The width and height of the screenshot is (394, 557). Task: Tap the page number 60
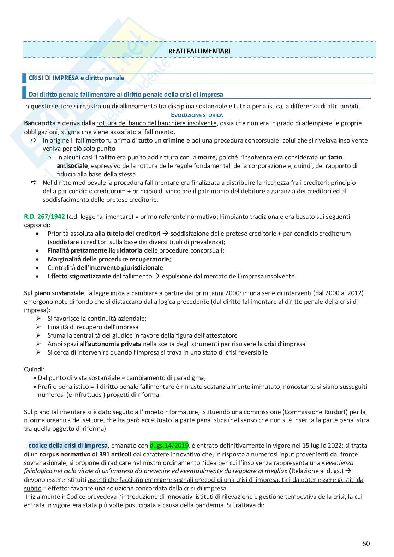(x=366, y=544)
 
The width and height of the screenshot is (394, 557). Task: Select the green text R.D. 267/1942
(x=44, y=216)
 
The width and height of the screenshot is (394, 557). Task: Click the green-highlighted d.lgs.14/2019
(x=169, y=446)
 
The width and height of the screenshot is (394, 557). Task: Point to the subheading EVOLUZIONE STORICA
(x=197, y=115)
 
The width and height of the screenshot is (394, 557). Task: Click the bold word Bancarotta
(x=40, y=123)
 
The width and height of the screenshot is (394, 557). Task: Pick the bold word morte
(x=207, y=157)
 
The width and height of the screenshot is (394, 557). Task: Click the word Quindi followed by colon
(x=34, y=369)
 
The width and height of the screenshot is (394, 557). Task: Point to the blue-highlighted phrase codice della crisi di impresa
(x=68, y=446)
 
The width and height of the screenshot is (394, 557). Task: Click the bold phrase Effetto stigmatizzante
(x=79, y=276)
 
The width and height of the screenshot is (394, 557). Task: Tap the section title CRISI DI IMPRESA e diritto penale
(x=76, y=78)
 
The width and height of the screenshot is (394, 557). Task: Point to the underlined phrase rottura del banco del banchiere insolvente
(x=156, y=123)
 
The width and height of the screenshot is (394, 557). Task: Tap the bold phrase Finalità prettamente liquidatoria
(x=95, y=250)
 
